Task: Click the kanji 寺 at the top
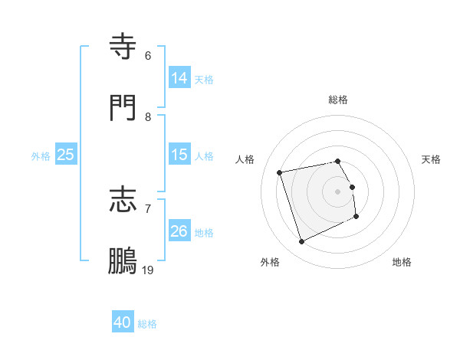point(123,47)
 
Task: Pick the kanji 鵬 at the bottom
point(123,260)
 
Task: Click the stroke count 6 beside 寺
point(148,56)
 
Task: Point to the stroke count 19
point(148,270)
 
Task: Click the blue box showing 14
point(179,78)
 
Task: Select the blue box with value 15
point(179,155)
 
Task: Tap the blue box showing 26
point(179,231)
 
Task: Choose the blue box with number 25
point(66,155)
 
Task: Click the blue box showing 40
point(123,322)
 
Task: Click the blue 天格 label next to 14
point(204,79)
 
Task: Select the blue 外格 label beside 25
point(41,155)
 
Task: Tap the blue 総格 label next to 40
point(147,324)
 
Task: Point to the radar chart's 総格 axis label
point(338,100)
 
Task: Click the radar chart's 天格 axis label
point(431,159)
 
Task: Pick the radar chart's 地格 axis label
point(402,262)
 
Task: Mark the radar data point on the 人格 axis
point(280,172)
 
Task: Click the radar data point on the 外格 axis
point(301,242)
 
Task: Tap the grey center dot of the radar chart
point(338,191)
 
